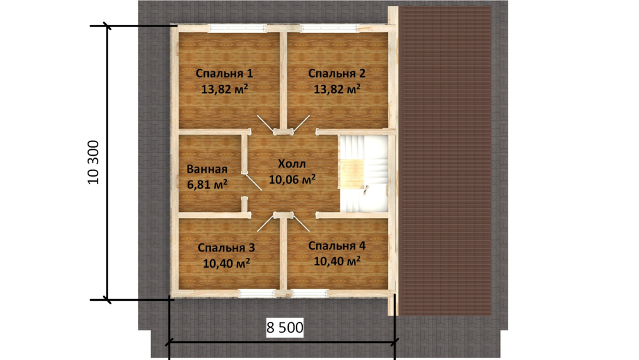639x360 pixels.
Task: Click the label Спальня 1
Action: click(224, 73)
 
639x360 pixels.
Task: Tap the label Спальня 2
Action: click(337, 73)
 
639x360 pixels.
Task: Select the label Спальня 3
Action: click(226, 247)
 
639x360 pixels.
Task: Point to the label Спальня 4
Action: click(337, 246)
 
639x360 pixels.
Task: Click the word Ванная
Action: click(207, 169)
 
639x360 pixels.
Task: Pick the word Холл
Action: click(292, 164)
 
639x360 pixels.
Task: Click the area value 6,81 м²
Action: click(207, 184)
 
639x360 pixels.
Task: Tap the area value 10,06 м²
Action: click(292, 179)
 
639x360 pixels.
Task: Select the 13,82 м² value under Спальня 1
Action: click(225, 89)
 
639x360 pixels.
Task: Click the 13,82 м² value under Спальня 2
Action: click(337, 89)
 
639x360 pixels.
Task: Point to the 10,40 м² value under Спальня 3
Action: click(227, 263)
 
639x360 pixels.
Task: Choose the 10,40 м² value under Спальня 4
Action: click(337, 261)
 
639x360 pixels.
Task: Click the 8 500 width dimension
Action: click(285, 327)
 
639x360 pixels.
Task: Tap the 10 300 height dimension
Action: click(93, 162)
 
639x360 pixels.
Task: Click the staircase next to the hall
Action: click(363, 173)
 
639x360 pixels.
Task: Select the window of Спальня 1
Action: click(237, 28)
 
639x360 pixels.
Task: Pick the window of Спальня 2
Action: click(330, 28)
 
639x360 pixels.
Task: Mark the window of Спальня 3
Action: click(257, 293)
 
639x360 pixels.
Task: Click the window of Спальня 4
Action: click(309, 293)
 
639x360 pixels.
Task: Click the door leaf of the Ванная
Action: click(253, 182)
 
